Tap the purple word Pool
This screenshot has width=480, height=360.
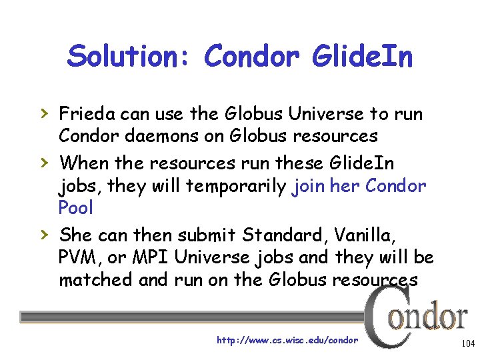click(76, 208)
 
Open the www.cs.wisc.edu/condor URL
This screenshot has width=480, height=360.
click(287, 341)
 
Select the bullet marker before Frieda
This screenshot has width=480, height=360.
click(44, 114)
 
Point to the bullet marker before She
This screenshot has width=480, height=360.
click(44, 235)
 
